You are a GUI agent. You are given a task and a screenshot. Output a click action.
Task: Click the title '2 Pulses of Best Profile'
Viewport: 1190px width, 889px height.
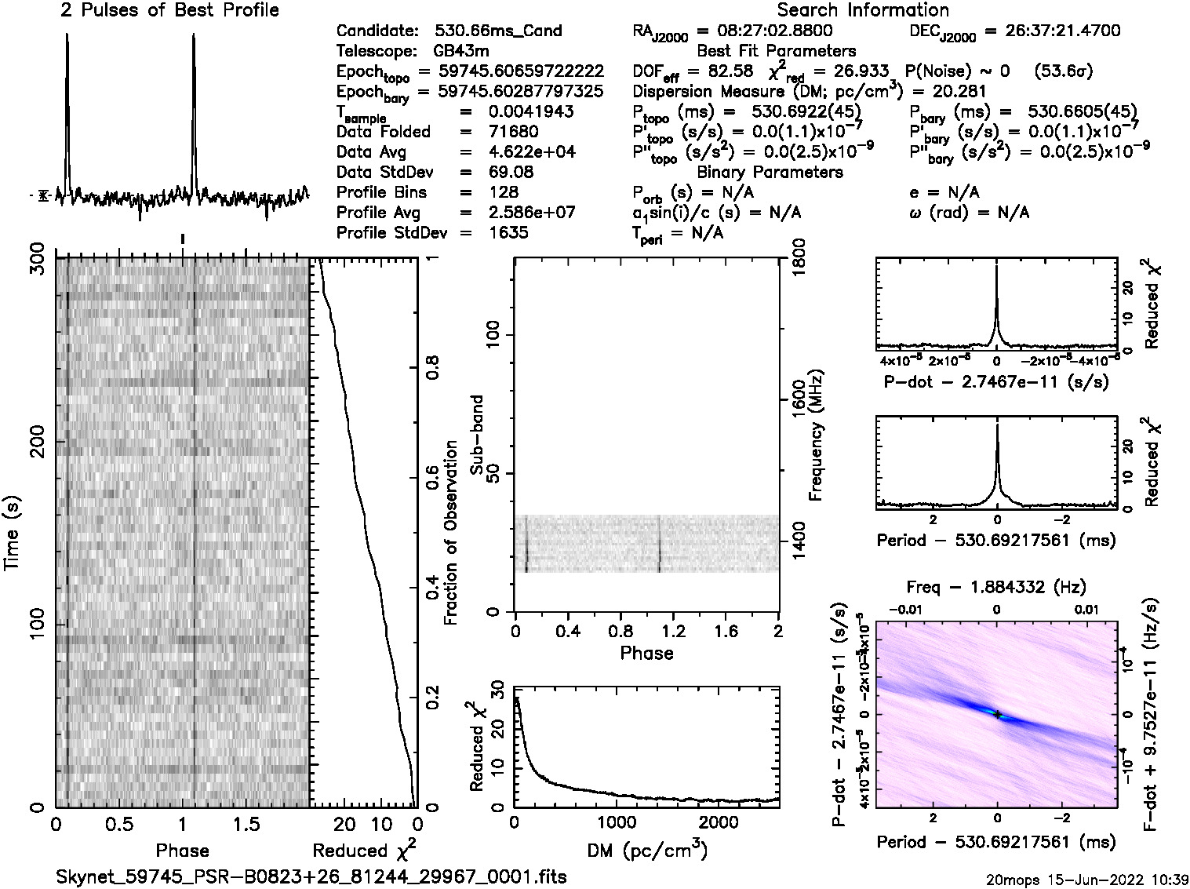pyautogui.click(x=169, y=10)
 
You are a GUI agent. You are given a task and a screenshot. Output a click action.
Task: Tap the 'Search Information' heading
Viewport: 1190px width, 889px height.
pyautogui.click(x=863, y=10)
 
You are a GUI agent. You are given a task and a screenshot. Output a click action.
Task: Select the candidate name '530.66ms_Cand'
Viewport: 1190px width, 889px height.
pyautogui.click(x=498, y=31)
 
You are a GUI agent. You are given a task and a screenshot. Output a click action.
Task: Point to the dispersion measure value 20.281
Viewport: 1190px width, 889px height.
pyautogui.click(x=963, y=91)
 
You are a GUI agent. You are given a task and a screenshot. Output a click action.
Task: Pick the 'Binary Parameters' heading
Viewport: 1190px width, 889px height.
pyautogui.click(x=770, y=172)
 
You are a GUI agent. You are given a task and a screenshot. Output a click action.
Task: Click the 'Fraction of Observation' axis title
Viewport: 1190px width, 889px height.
pyautogui.click(x=450, y=533)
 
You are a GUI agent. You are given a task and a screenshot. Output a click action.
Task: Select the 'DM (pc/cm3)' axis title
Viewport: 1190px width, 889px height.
pyautogui.click(x=646, y=850)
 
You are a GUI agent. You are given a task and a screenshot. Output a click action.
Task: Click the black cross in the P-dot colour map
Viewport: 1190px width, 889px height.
pyautogui.click(x=996, y=715)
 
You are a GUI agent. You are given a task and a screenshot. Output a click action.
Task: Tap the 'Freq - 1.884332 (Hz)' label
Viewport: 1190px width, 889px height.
pyautogui.click(x=996, y=587)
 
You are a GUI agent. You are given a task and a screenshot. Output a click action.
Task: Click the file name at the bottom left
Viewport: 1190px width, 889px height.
pyautogui.click(x=311, y=876)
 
